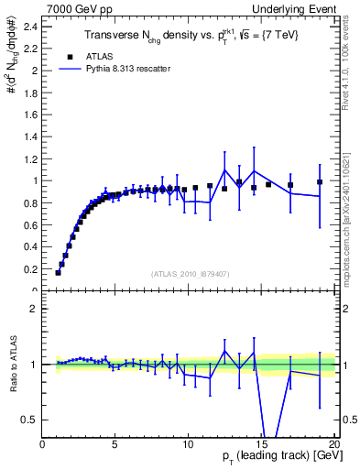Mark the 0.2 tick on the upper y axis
(x=29, y=269)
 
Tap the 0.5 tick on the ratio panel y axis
(x=29, y=420)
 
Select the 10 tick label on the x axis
(x=188, y=444)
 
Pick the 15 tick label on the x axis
(x=261, y=444)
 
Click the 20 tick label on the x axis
(x=333, y=444)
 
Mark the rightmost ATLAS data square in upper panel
(x=320, y=182)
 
